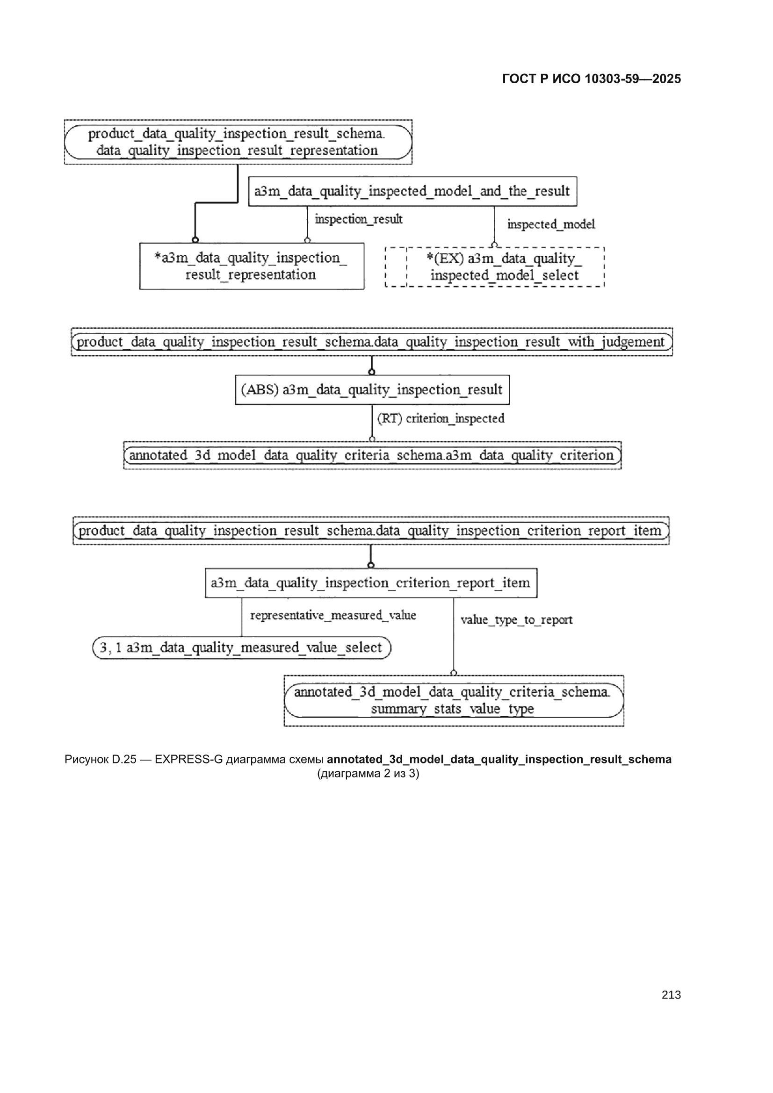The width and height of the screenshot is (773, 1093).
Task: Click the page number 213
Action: coord(671,994)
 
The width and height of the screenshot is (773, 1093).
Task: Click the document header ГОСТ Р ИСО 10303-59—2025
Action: coord(592,79)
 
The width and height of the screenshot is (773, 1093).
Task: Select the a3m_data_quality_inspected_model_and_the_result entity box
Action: coord(412,191)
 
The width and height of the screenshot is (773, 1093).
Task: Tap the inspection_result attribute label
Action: coord(359,219)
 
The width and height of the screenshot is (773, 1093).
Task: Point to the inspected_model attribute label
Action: coord(551,224)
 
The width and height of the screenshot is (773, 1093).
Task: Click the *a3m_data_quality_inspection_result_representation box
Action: coord(252,266)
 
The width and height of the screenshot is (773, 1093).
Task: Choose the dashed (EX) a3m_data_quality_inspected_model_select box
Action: coord(494,267)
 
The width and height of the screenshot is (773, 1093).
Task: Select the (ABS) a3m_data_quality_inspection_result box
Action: coord(372,390)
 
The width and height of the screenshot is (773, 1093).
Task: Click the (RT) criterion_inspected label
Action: coord(441,418)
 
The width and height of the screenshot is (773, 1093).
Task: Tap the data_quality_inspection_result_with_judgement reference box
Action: coord(372,342)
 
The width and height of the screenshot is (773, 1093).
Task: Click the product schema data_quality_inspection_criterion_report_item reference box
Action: coord(371,531)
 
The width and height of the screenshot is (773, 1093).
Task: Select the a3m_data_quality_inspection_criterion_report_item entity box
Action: coord(371,583)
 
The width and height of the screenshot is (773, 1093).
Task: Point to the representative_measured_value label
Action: coord(333,616)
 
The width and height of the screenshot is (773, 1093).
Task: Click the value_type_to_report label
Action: coord(516,620)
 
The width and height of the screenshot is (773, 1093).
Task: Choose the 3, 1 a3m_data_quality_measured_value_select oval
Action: coord(241,647)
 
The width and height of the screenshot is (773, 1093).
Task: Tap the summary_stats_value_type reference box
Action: coord(454,700)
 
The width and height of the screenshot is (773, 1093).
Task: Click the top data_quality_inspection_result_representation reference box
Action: coord(238,142)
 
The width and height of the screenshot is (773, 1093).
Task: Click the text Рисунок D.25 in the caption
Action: coord(101,759)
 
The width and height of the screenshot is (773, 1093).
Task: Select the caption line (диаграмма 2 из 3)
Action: coord(368,773)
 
